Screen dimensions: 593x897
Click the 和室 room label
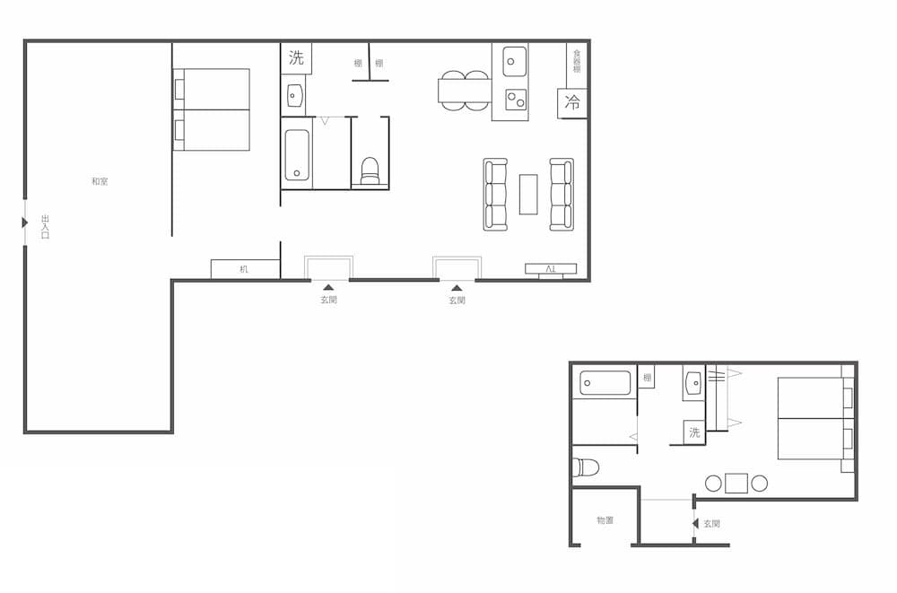tap(100, 181)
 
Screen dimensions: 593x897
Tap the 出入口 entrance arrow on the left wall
tap(25, 222)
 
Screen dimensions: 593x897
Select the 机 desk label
tap(244, 269)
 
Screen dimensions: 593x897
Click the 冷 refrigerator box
tap(572, 103)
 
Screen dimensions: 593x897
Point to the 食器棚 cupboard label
tap(577, 61)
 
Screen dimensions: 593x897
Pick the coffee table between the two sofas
tap(528, 194)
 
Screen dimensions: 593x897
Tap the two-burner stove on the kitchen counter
tap(515, 99)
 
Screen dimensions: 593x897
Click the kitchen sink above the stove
tap(515, 61)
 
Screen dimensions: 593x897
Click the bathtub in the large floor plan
tap(298, 155)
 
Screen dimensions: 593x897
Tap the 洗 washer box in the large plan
tap(297, 59)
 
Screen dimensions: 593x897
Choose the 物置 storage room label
tap(605, 520)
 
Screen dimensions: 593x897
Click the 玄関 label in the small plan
tap(711, 523)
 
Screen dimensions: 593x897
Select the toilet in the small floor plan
tap(586, 467)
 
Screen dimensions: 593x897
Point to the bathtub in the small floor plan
tap(605, 383)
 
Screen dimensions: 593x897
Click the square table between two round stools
tap(736, 484)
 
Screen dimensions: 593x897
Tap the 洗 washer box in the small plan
tap(694, 432)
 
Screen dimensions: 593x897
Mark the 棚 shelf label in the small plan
tap(647, 378)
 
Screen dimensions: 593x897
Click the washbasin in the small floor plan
tap(693, 383)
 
